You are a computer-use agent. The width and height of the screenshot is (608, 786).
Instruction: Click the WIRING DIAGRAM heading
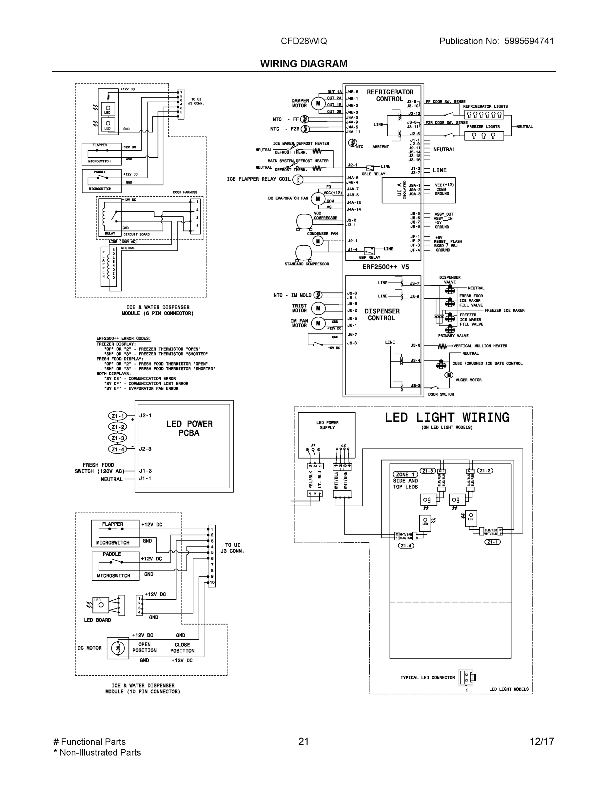304,64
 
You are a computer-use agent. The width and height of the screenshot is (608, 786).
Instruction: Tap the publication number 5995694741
529,41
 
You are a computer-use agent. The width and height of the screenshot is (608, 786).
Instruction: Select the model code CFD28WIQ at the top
304,41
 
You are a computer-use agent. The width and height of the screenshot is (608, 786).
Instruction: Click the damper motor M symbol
318,103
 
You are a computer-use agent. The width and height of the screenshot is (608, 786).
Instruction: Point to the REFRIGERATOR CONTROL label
390,95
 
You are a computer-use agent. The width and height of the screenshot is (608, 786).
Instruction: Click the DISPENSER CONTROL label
382,314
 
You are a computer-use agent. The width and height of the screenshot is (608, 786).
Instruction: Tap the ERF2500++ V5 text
385,267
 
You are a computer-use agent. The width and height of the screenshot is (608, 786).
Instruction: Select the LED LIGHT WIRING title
447,418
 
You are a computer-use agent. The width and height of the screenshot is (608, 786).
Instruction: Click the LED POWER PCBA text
189,428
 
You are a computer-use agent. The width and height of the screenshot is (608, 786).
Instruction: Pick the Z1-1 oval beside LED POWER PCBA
118,416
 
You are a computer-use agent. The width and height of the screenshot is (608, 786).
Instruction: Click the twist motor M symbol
318,308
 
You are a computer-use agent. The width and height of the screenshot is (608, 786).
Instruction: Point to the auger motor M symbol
448,375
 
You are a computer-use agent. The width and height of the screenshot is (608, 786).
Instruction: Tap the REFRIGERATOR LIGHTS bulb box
484,115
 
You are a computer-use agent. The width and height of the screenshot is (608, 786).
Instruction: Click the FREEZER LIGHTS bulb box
484,136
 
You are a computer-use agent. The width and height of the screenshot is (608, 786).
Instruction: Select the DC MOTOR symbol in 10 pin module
118,648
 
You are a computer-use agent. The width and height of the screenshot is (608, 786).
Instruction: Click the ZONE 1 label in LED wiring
405,474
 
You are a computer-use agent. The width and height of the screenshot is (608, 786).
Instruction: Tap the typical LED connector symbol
467,677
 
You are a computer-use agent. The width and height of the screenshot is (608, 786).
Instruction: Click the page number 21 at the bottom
304,741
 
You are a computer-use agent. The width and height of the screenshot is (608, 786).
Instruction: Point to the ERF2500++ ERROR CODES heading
124,339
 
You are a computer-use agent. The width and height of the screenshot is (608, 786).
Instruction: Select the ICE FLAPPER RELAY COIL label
258,179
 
